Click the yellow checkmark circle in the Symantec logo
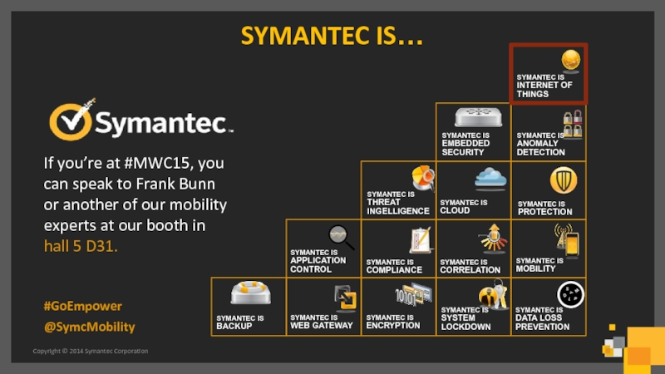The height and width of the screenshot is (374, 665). click(x=71, y=121)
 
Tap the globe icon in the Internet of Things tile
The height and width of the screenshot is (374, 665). click(x=571, y=60)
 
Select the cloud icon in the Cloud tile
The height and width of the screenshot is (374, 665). click(x=490, y=177)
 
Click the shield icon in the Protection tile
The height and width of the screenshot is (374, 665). click(x=564, y=180)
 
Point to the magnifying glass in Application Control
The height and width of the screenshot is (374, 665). click(x=342, y=237)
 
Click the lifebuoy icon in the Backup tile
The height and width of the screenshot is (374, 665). click(x=251, y=293)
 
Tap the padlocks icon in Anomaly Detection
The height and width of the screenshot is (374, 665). click(x=573, y=124)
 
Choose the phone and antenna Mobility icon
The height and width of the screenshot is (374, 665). click(x=567, y=240)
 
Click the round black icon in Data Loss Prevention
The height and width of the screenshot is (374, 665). click(x=570, y=294)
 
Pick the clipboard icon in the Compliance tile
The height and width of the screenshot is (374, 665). click(x=421, y=240)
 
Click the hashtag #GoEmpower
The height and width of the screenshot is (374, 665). click(x=82, y=306)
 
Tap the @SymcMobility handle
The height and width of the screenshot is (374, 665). click(x=90, y=327)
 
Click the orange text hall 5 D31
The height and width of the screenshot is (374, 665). click(x=81, y=246)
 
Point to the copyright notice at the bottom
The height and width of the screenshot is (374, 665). click(x=91, y=351)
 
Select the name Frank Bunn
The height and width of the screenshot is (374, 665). click(x=175, y=184)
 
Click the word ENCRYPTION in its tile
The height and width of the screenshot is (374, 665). click(x=393, y=326)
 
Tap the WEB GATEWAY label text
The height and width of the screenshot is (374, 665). click(x=322, y=326)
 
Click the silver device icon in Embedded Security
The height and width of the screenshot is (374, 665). click(x=479, y=117)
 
